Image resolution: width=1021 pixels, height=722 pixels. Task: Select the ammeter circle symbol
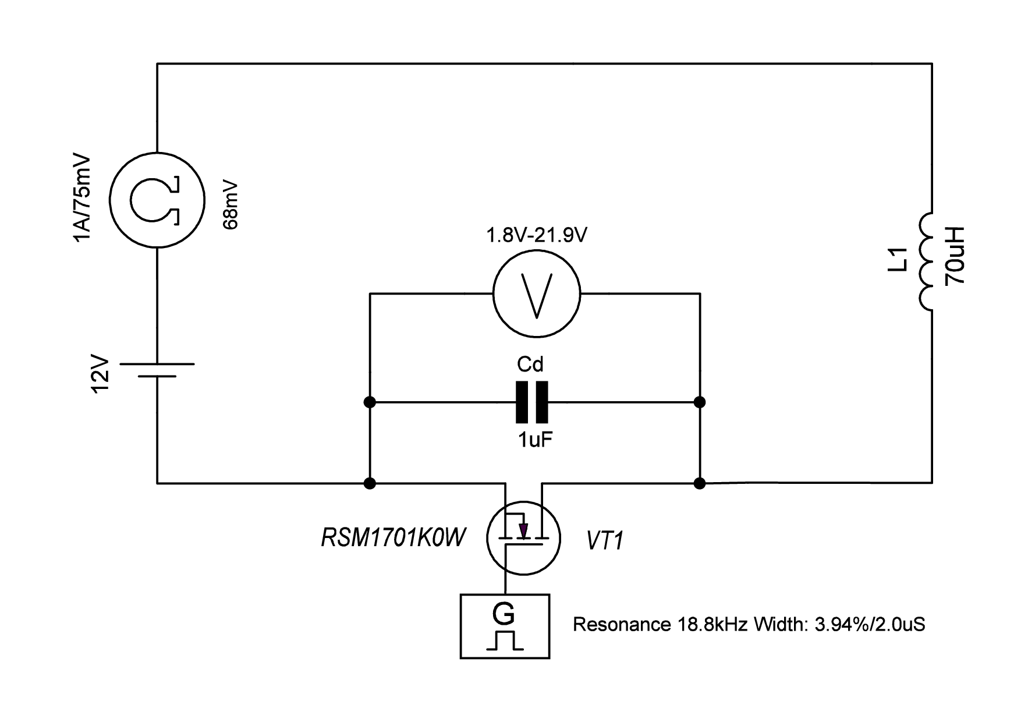coord(157,200)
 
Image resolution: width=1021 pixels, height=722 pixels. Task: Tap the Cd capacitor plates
coord(532,402)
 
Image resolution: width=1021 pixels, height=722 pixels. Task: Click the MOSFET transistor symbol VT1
coord(523,538)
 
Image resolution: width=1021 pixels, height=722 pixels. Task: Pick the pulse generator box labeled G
coord(505,626)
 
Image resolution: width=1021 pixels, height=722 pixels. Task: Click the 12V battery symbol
coord(157,370)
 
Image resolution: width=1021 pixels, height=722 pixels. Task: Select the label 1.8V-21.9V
coord(536,236)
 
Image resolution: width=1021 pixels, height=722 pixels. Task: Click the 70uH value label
coord(956,256)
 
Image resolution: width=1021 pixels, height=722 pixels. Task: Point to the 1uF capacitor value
coord(534,440)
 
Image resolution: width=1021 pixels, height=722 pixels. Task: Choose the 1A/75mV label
coord(83,199)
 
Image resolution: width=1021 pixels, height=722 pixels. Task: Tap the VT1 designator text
coord(605,541)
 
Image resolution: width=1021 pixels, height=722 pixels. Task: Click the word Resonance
coord(621,625)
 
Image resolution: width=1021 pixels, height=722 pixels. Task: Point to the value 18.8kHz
coord(712,625)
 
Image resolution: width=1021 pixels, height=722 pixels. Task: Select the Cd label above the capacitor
coord(530,364)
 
